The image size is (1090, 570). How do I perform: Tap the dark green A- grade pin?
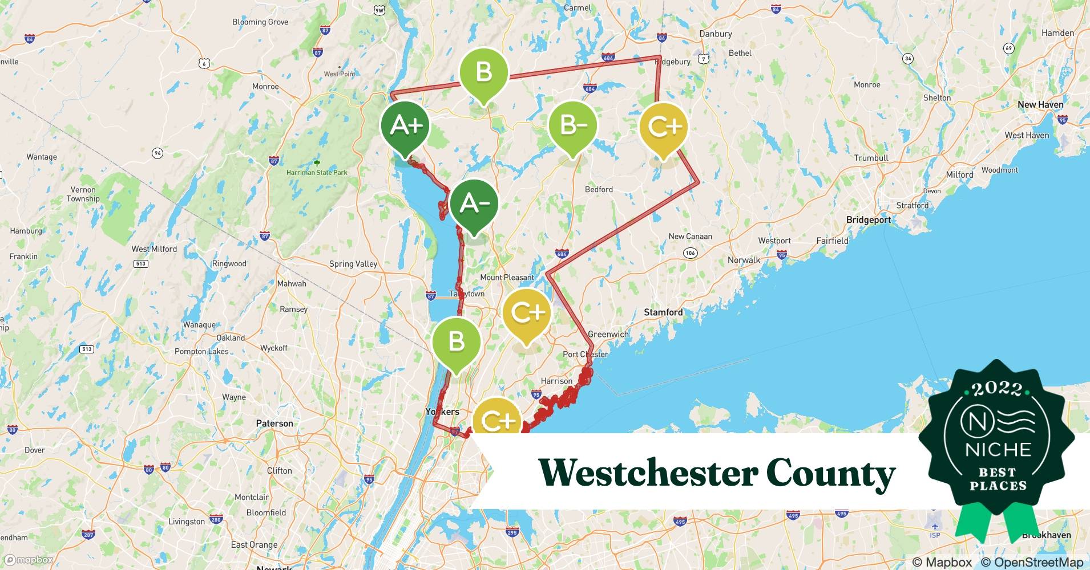(x=474, y=204)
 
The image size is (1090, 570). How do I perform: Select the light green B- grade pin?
(x=572, y=126)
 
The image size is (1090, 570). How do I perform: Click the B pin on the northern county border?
(x=484, y=73)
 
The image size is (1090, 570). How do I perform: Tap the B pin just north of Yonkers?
(x=456, y=341)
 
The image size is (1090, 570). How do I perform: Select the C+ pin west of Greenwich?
(x=526, y=313)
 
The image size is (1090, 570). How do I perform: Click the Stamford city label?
(x=663, y=312)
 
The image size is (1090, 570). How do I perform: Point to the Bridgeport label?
(x=868, y=220)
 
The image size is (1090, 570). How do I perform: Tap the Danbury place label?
(x=715, y=34)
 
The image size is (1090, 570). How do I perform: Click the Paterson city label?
(x=274, y=424)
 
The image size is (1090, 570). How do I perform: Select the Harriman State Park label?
(x=317, y=172)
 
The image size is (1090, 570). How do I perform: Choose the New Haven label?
(x=1040, y=105)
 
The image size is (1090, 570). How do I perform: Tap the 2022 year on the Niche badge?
(x=997, y=389)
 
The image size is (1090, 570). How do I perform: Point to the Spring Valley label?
(x=353, y=264)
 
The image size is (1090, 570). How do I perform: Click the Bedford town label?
(x=599, y=189)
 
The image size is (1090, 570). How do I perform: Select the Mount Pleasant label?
(x=507, y=278)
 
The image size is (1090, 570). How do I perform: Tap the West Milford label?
(x=154, y=249)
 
